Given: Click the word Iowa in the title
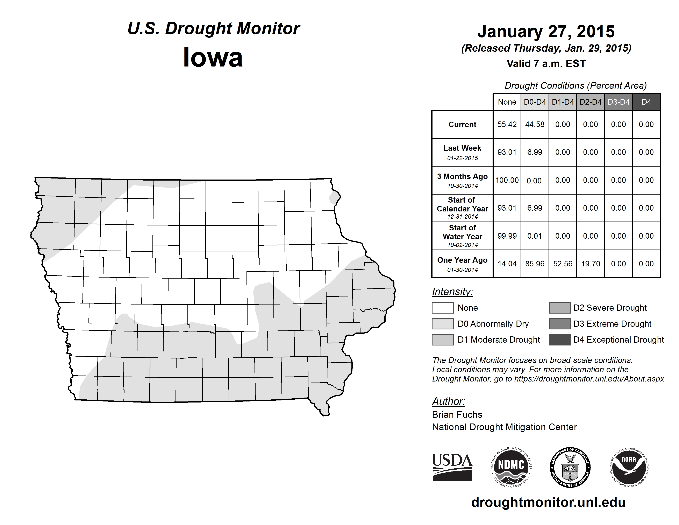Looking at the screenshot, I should click(x=213, y=57).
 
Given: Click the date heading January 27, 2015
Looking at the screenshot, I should click(x=546, y=31).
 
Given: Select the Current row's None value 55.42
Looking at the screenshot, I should click(x=507, y=124).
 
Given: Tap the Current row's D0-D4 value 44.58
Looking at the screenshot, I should click(x=535, y=124).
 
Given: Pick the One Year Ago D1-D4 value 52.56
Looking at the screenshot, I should click(x=563, y=264).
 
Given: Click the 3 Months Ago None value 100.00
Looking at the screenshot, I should click(x=507, y=180).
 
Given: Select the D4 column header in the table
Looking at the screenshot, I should click(x=646, y=102).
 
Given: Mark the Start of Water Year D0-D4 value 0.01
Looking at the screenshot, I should click(x=535, y=236).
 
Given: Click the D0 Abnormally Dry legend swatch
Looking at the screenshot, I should click(x=442, y=323).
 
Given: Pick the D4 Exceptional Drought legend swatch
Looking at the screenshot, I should click(x=560, y=340).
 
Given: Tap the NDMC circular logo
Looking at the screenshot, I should click(x=511, y=468).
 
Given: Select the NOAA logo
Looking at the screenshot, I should click(x=629, y=468).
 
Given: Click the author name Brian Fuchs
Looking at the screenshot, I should click(x=457, y=415).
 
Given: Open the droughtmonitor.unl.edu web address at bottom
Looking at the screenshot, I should click(x=548, y=502).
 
